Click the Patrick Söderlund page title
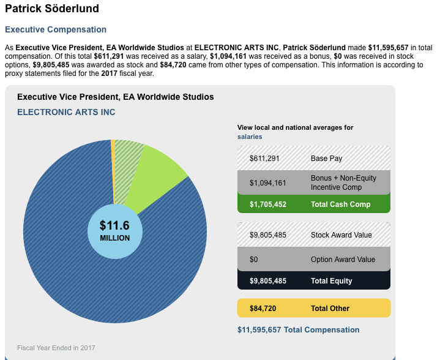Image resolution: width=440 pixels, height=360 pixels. pos(52,9)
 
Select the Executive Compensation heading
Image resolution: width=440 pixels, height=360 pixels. pos(56,29)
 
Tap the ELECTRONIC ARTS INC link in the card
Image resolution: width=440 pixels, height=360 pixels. pos(66,112)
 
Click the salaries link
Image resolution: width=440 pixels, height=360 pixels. pos(250,137)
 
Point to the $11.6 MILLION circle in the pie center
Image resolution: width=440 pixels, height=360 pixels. pos(115,231)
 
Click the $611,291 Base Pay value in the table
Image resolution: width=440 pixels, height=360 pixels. pos(264,159)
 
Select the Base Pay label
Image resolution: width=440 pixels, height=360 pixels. pos(326,159)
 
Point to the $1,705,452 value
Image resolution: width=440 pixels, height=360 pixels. pos(268,204)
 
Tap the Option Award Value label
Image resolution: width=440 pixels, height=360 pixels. pos(343,260)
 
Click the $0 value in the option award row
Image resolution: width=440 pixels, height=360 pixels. pos(254,260)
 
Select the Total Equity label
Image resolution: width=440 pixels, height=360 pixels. pos(331,281)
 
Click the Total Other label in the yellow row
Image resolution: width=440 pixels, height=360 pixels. pos(330,308)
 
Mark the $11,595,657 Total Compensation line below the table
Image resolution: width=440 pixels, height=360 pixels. pos(298,330)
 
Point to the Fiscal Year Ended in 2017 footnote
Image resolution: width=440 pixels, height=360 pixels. pos(56,348)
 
